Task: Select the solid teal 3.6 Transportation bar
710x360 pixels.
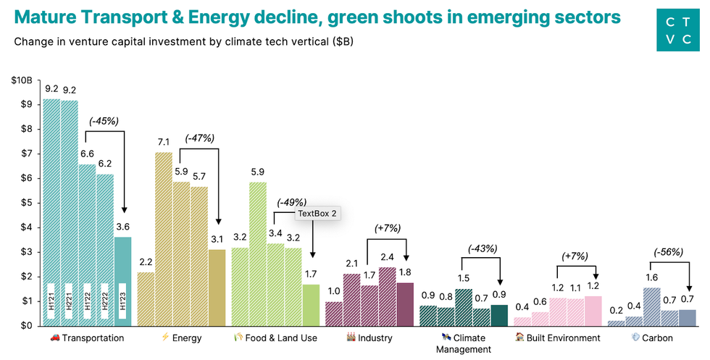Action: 122,280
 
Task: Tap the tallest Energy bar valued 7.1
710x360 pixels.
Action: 164,238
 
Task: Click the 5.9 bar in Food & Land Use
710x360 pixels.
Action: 258,254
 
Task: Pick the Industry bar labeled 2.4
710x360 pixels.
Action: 388,296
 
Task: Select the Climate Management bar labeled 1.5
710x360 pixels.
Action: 464,307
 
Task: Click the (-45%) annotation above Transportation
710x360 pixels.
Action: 104,121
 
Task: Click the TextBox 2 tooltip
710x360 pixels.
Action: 318,214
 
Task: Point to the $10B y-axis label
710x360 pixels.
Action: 22,80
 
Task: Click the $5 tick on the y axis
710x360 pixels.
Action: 26,203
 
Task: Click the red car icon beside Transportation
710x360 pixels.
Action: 55,338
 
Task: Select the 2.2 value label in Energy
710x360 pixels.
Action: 146,261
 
